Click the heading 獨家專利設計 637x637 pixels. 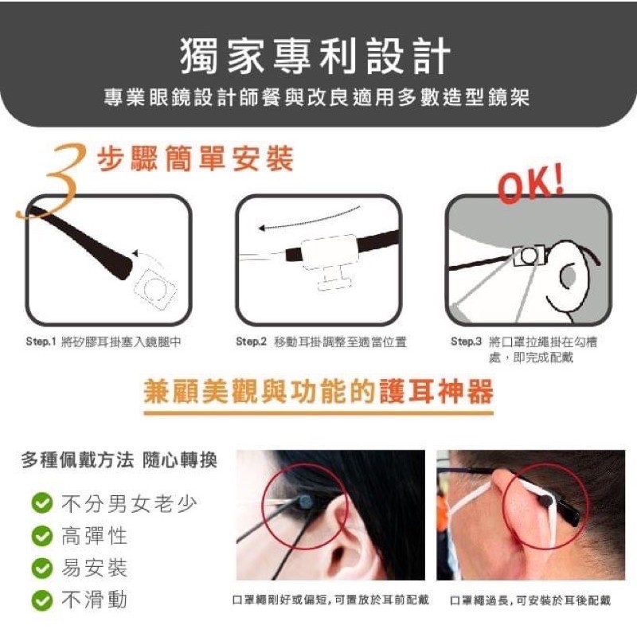[315, 56]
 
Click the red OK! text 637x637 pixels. [530, 184]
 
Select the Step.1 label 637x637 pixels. [41, 342]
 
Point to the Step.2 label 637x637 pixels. [251, 342]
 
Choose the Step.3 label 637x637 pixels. [466, 342]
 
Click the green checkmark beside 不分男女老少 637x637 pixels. [42, 503]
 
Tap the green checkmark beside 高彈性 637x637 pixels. [42, 535]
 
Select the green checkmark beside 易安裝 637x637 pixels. [42, 568]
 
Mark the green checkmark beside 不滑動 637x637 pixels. [42, 600]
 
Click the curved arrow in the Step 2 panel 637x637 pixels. [309, 221]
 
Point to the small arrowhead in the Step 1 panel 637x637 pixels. [136, 253]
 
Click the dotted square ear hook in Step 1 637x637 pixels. [155, 288]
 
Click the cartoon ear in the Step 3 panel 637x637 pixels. [569, 276]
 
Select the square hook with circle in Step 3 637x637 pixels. [529, 256]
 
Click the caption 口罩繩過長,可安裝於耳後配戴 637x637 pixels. [530, 600]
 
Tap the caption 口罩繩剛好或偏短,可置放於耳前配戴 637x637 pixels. [330, 600]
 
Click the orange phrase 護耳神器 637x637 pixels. [436, 391]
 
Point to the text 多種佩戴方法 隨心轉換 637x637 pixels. [119, 460]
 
